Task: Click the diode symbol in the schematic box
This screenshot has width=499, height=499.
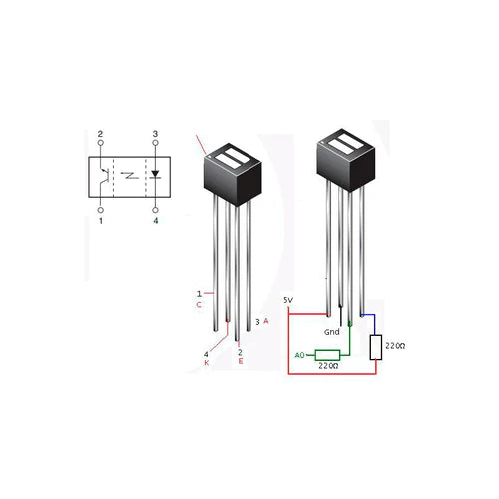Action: pos(155,174)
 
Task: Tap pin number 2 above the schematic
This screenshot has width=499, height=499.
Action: pos(100,134)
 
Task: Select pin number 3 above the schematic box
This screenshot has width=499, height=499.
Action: pos(155,134)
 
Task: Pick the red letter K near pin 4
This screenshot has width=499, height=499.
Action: pos(207,363)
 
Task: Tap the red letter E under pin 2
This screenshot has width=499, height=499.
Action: pos(240,361)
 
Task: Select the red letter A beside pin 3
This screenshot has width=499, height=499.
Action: pos(266,321)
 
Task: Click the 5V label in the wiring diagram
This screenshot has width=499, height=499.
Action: pos(288,299)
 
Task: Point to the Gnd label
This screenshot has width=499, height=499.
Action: pos(333,331)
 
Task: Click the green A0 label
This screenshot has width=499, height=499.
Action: pos(299,355)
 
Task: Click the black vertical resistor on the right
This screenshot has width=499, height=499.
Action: pos(376,346)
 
